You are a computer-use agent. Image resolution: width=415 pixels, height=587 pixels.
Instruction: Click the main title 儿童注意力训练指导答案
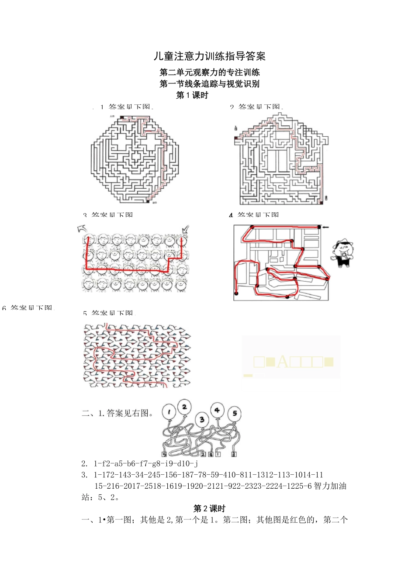tap(209, 56)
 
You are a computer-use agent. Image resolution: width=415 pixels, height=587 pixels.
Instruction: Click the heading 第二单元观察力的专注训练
tap(209, 73)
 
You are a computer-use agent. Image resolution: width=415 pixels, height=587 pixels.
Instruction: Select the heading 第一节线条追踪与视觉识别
tap(209, 84)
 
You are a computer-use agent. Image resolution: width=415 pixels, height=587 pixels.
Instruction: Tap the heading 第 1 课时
tap(192, 95)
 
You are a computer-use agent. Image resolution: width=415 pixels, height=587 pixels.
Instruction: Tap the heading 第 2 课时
tap(209, 508)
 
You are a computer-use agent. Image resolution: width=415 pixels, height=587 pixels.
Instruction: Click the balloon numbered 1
tap(169, 412)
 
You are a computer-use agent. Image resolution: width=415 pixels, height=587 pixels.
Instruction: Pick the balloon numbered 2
tap(184, 407)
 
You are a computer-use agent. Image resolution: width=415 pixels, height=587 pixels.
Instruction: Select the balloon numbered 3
tap(201, 420)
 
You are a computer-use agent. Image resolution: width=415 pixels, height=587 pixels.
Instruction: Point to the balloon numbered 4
tap(217, 411)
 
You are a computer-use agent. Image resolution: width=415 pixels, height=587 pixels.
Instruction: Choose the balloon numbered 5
tap(235, 413)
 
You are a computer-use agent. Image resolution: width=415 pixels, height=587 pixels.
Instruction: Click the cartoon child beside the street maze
tap(343, 254)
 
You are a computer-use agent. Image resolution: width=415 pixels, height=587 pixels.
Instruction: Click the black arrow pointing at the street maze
tap(325, 227)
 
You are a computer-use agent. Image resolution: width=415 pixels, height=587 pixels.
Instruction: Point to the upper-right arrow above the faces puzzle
tap(185, 229)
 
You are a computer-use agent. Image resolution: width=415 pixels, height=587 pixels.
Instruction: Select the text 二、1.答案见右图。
tap(118, 413)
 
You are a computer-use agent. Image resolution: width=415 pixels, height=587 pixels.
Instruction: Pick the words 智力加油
tap(330, 486)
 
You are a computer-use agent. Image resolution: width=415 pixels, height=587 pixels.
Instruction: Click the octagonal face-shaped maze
tap(135, 159)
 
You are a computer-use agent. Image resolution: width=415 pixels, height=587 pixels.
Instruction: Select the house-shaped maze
tap(281, 159)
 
